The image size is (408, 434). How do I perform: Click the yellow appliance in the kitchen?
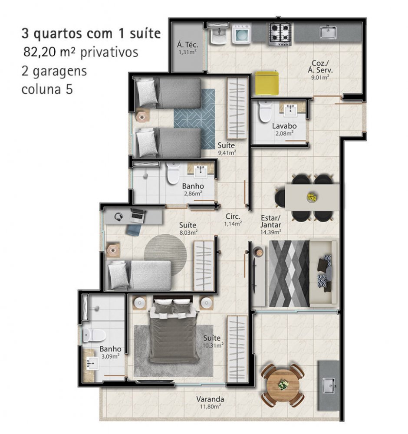coord(267,83)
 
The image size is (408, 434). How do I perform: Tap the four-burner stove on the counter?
coord(280,34)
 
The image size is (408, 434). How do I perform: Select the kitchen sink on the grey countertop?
coord(328,33)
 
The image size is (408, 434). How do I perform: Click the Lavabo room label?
coord(284,126)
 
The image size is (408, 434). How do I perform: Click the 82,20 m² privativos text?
coord(81,52)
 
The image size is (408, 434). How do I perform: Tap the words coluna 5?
coord(47,89)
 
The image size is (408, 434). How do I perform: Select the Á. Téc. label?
coord(188,45)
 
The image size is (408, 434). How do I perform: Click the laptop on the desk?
coord(138,216)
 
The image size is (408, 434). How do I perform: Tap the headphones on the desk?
coord(119,217)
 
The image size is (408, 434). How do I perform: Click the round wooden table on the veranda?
coord(283,385)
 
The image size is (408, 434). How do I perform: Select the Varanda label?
coord(210,399)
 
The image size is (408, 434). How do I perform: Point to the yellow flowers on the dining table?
coord(312,197)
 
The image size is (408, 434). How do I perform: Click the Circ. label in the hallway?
coord(233,217)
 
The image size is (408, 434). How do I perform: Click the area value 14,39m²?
coord(271,232)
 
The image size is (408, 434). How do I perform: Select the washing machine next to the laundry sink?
coord(242,34)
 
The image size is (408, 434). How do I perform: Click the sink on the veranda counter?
coord(329,385)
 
